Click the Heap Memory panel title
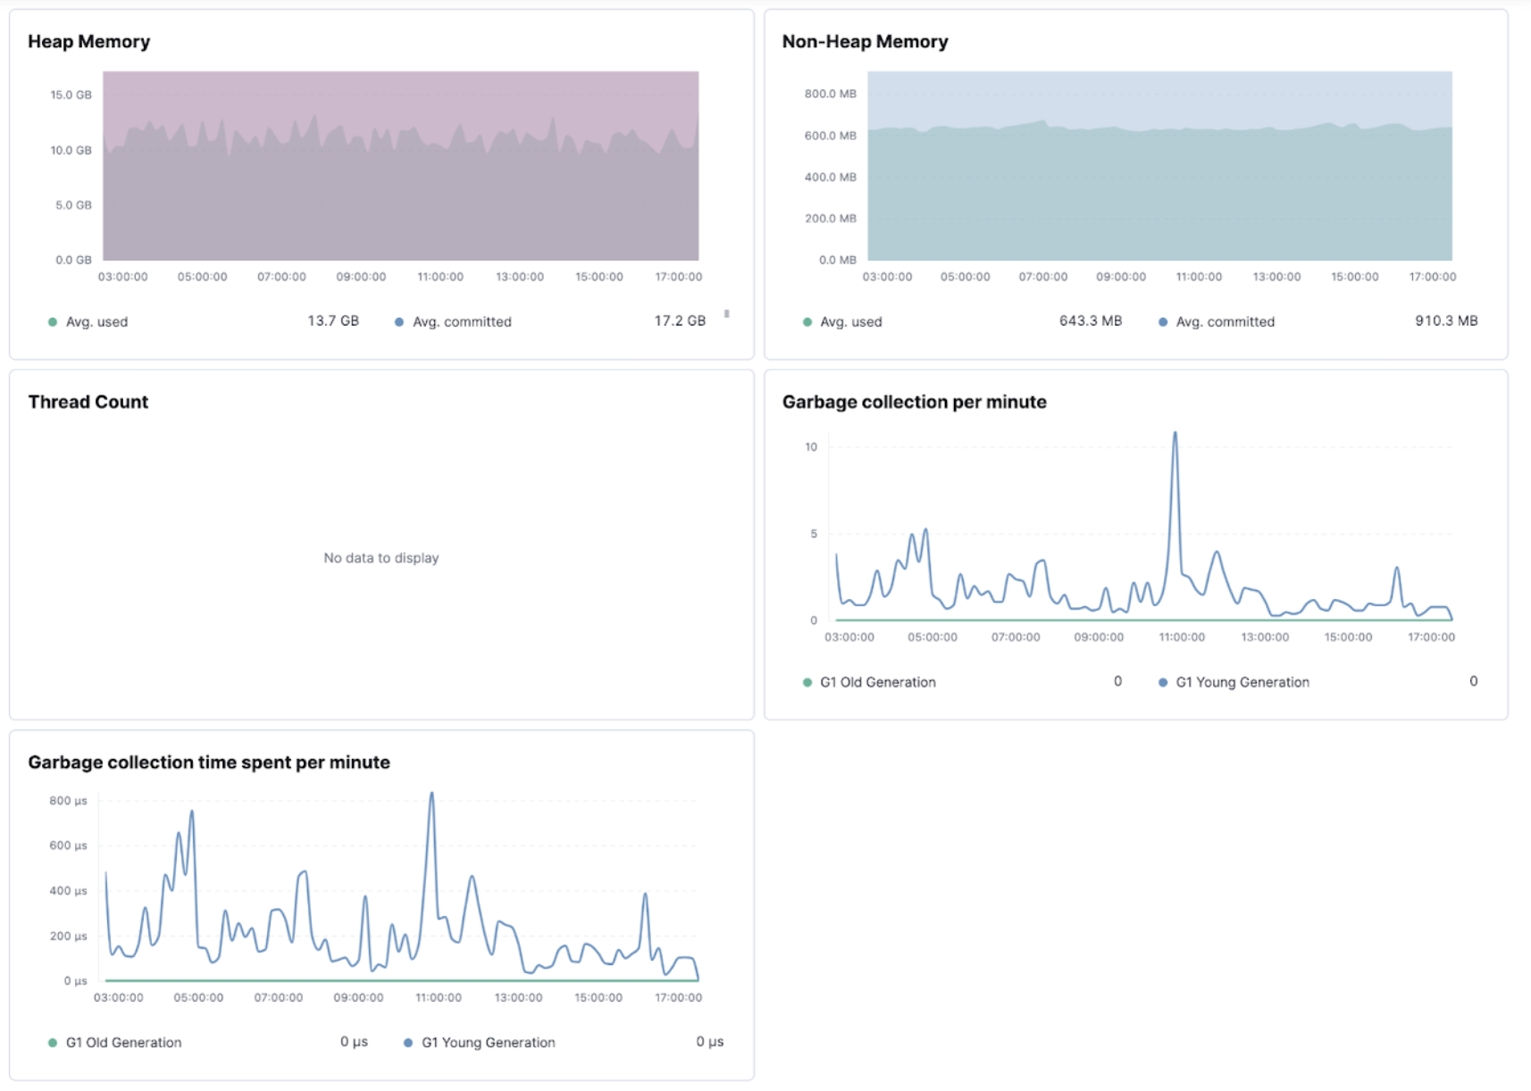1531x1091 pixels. point(88,42)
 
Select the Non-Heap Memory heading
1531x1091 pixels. point(864,42)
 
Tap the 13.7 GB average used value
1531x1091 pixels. point(332,321)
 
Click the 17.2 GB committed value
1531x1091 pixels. point(679,321)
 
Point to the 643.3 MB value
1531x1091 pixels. point(1090,321)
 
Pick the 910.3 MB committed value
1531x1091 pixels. point(1445,321)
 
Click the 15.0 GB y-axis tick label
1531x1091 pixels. point(71,95)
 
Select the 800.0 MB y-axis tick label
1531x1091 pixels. point(830,94)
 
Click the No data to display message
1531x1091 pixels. point(381,558)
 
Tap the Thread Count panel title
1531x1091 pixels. point(88,402)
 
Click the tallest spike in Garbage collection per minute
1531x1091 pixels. point(1175,435)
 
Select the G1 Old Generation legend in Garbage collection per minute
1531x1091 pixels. point(877,682)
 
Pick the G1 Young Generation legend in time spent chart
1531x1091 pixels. point(488,1043)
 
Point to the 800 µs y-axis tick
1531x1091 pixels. point(68,801)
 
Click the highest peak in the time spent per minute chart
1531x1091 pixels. point(431,795)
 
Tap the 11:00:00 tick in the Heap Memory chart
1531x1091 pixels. point(440,277)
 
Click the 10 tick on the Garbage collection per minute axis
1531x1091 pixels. point(810,447)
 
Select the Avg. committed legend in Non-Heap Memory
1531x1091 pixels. point(1225,321)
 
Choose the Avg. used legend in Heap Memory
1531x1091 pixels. point(96,321)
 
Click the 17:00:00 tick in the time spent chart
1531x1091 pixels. point(678,997)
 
